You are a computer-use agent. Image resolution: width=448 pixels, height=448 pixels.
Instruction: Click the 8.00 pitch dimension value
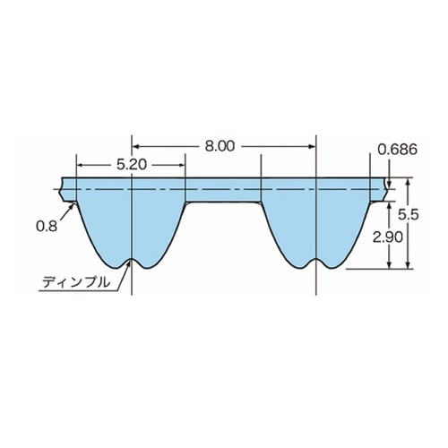(x=220, y=146)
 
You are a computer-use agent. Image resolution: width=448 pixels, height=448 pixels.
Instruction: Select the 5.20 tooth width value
(x=132, y=165)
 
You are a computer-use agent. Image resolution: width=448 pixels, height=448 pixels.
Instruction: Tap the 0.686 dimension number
(x=397, y=150)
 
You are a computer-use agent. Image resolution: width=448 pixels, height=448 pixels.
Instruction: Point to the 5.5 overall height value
(x=409, y=214)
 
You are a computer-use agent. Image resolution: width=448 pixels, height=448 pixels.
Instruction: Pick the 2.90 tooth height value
(x=388, y=237)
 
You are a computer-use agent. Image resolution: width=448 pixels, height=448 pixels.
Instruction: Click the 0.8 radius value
(x=47, y=226)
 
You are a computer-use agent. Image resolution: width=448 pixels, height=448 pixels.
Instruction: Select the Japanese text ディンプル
(x=76, y=282)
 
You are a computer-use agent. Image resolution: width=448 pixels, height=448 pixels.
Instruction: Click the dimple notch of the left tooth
(x=132, y=259)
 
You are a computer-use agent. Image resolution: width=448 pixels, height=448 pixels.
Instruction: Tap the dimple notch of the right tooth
(x=315, y=259)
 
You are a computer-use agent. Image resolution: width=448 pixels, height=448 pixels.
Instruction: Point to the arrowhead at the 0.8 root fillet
(x=72, y=205)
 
